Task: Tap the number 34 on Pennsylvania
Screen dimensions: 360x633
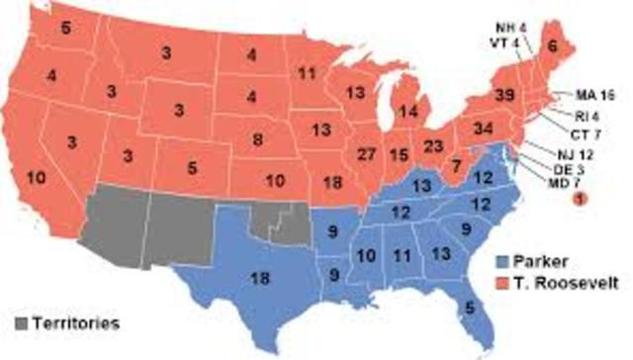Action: click(x=483, y=129)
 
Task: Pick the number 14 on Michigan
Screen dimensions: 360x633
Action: click(x=406, y=111)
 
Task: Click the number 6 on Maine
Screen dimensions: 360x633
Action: click(x=579, y=45)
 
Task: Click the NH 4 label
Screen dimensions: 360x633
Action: click(x=515, y=29)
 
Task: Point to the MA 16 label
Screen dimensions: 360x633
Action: click(x=595, y=96)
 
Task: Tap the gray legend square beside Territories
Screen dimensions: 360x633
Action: click(x=22, y=322)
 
